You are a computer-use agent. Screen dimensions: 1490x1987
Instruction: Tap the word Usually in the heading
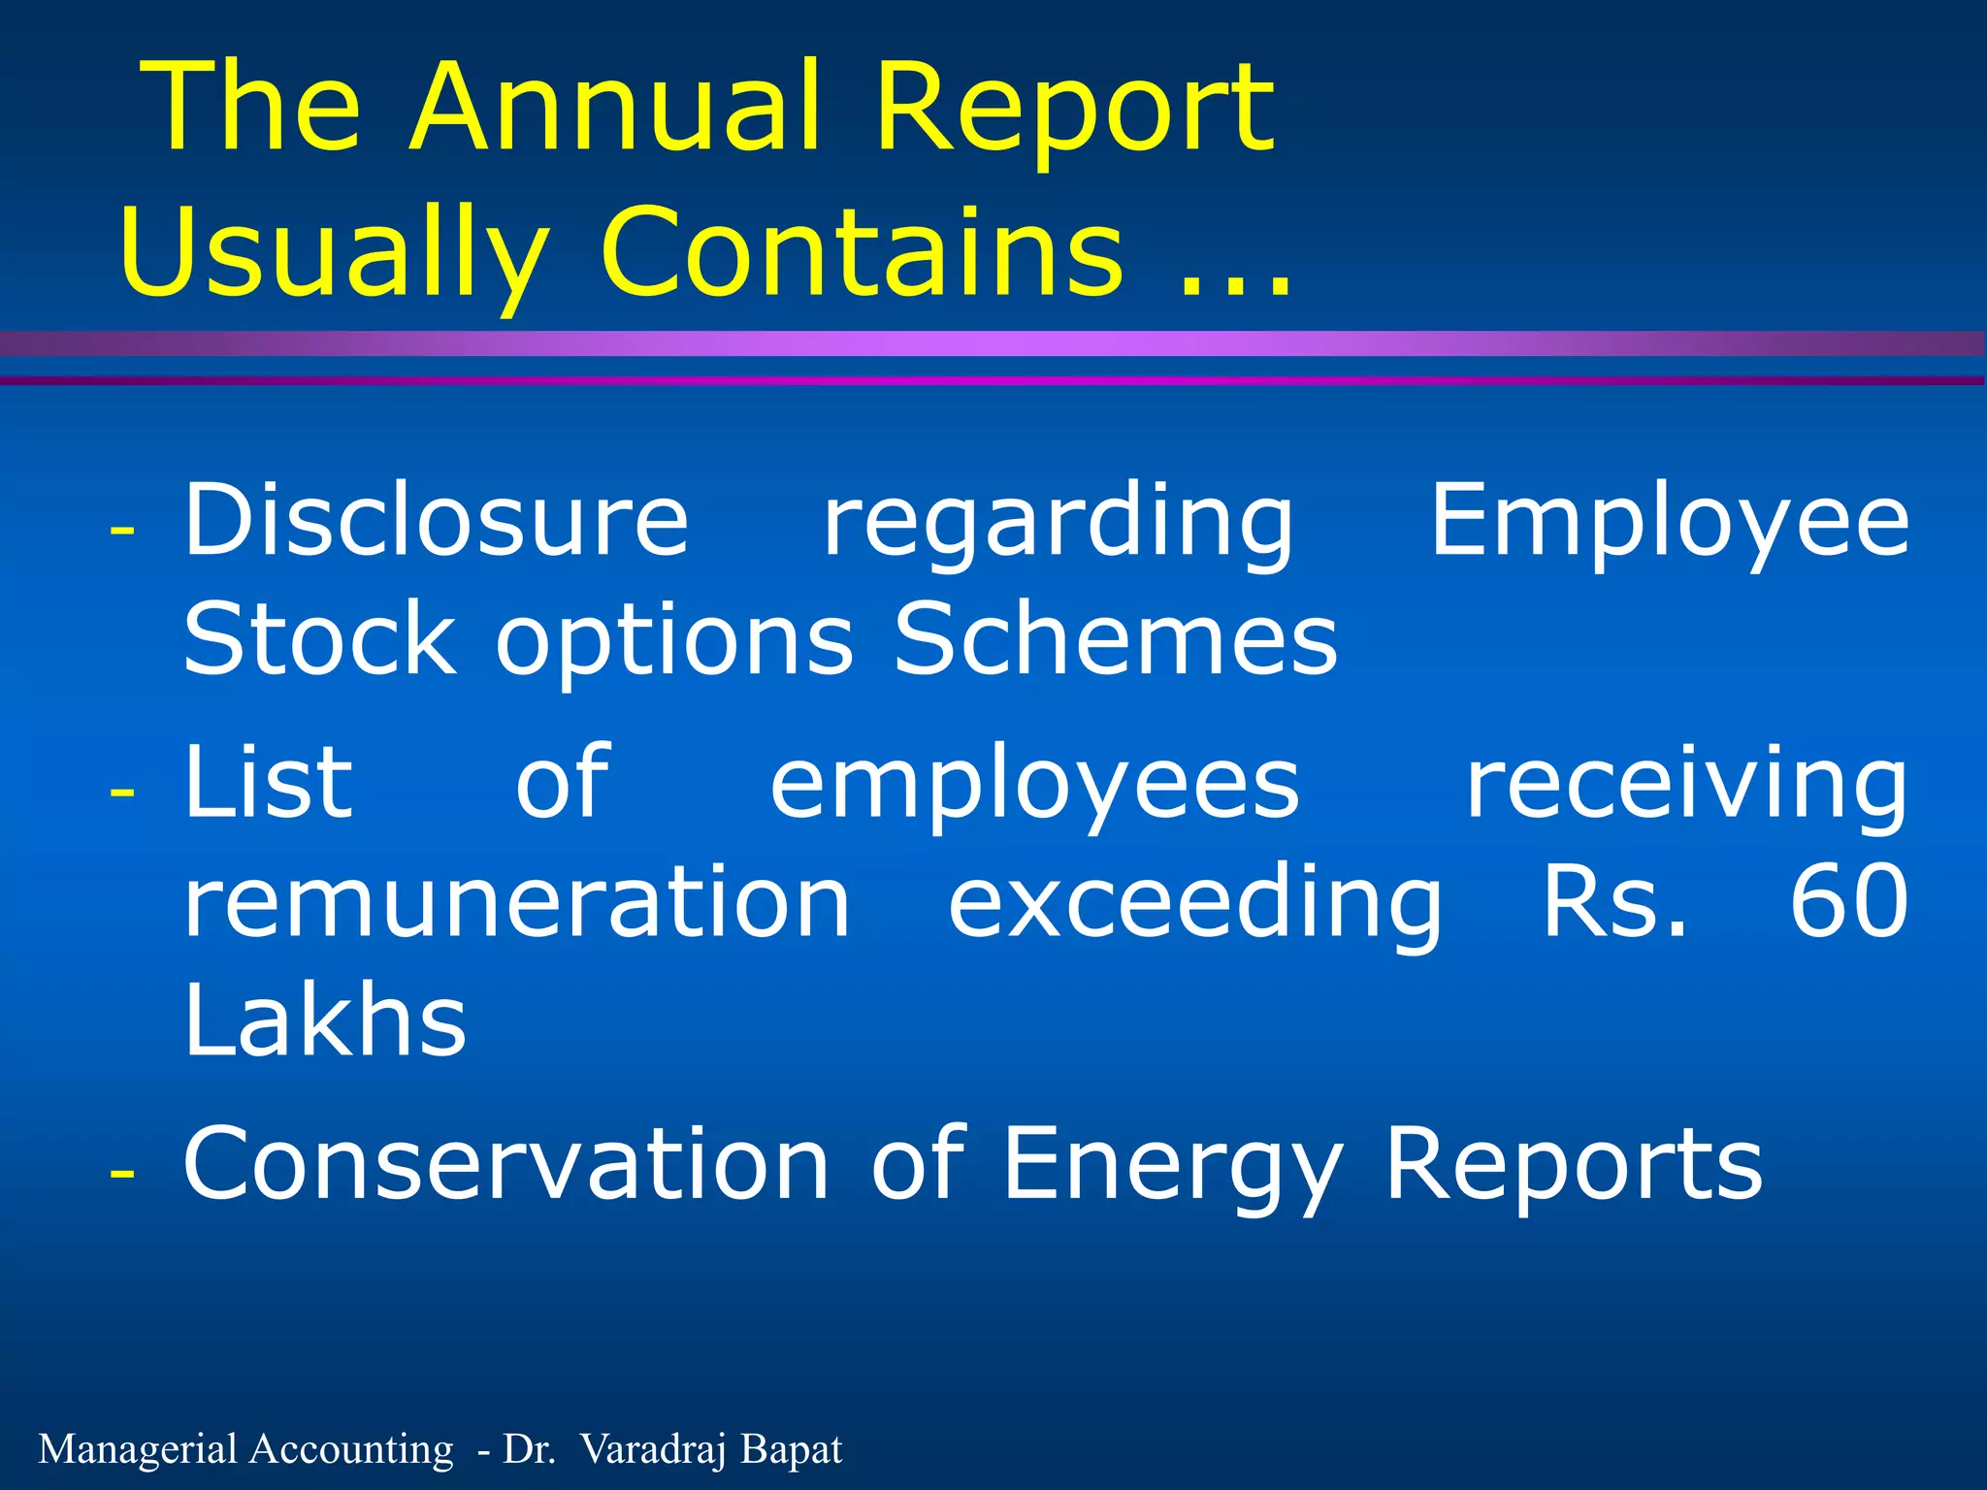click(x=334, y=254)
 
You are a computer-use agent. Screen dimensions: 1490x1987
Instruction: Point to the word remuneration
click(x=517, y=903)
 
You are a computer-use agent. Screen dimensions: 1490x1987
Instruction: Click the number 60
click(x=1849, y=902)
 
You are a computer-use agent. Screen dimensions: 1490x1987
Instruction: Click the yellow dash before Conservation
click(x=122, y=1173)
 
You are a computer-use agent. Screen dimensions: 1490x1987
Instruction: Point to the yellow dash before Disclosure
click(x=122, y=531)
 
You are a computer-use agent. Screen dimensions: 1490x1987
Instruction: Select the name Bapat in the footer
click(x=791, y=1449)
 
